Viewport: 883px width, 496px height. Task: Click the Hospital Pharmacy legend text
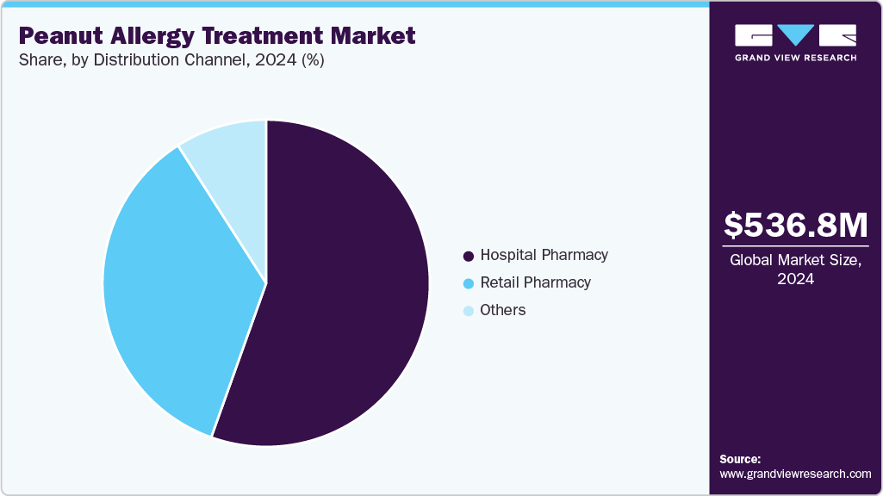(544, 255)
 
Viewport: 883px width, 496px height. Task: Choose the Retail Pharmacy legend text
(535, 282)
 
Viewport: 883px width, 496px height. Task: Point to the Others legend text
(503, 310)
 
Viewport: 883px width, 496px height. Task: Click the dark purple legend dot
(469, 256)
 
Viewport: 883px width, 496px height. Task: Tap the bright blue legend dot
(469, 283)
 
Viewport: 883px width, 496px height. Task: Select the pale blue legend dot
(469, 311)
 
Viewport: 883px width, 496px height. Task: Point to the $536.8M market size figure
(795, 226)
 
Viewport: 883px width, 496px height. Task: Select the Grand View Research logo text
(795, 58)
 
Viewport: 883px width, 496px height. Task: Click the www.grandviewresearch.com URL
(795, 474)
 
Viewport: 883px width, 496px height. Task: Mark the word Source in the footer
(740, 459)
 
